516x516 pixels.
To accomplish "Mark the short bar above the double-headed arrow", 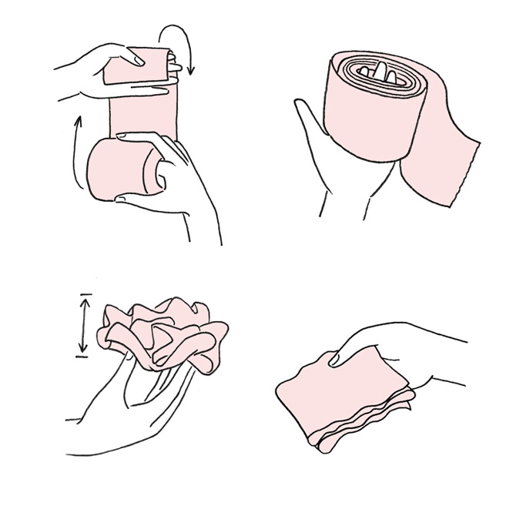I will click(85, 295).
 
